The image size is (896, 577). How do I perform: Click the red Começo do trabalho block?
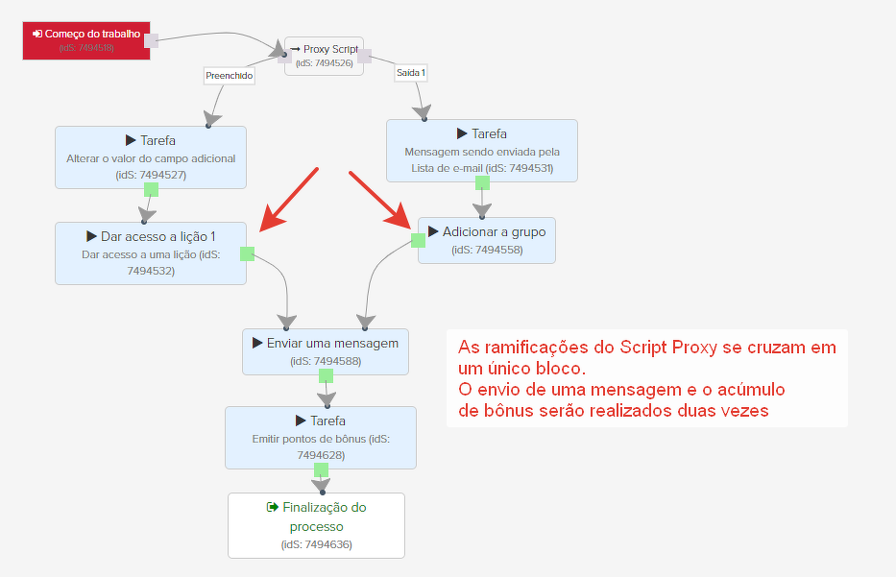86,39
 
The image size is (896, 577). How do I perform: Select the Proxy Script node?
325,56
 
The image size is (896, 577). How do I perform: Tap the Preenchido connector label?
229,75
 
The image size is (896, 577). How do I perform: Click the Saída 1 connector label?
411,72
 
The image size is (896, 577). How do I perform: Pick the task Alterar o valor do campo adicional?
151,156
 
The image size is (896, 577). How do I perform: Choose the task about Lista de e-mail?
481,150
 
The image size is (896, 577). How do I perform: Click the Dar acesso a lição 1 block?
151,253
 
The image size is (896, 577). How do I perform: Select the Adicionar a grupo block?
487,240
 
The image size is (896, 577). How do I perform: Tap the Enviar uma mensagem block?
326,351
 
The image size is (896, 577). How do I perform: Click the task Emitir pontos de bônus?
321,438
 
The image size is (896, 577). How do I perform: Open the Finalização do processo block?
316,524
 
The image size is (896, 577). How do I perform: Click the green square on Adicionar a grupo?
418,240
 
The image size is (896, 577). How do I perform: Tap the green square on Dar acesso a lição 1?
247,253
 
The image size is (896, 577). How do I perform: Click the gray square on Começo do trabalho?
151,39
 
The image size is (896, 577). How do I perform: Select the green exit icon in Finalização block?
273,507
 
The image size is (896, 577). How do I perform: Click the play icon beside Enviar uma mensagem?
257,343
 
